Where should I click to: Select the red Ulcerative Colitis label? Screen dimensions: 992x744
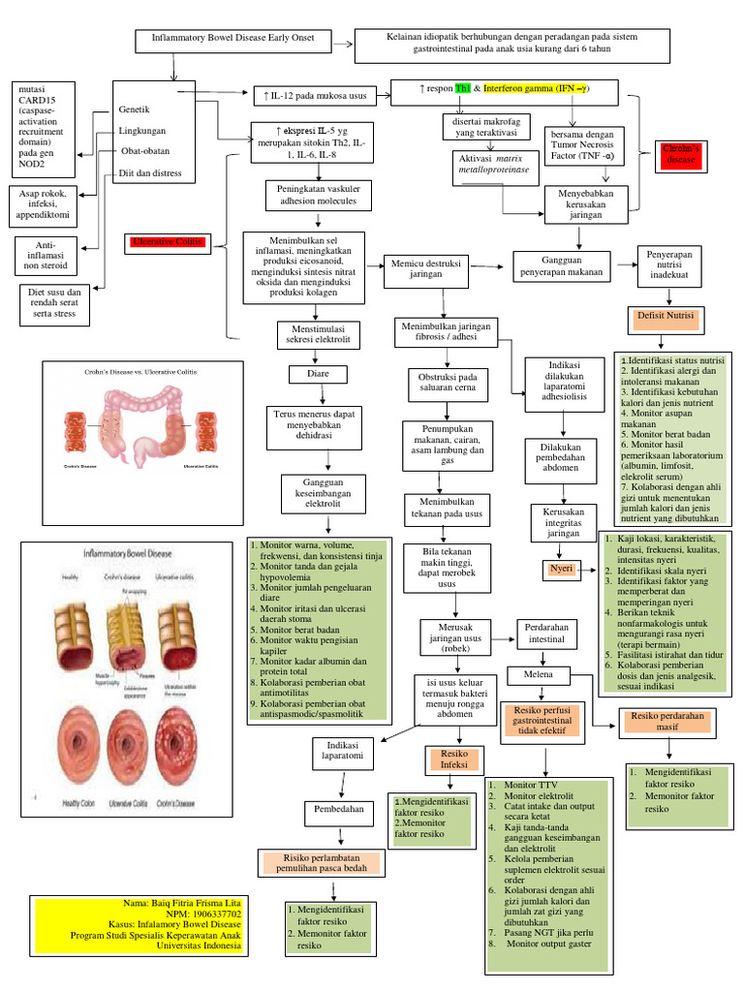(169, 242)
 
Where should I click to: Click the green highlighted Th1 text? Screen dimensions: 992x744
(464, 89)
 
